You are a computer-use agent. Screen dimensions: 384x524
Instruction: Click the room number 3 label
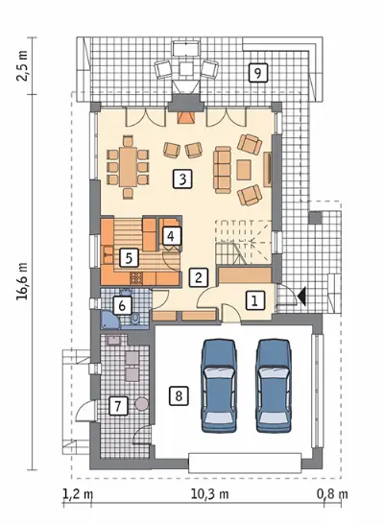tap(182, 179)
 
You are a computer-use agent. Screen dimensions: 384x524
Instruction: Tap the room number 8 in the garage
tap(179, 396)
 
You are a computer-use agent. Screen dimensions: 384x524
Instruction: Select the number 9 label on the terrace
tap(258, 72)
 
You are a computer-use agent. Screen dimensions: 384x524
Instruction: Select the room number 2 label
tap(199, 277)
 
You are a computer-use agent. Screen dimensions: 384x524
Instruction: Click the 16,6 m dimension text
tap(22, 281)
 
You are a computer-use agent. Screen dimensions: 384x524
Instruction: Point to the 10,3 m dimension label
tap(210, 494)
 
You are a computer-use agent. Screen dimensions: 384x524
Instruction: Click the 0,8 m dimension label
tap(332, 494)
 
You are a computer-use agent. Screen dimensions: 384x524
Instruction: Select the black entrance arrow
tap(301, 297)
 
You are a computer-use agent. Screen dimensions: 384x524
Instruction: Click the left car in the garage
tap(219, 385)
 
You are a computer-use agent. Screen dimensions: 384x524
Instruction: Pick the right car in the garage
tap(274, 385)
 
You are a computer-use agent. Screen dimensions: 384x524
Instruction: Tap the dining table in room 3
tap(129, 167)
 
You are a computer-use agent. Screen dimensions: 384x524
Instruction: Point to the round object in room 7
tap(142, 403)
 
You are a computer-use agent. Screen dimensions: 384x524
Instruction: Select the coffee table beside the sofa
tap(244, 170)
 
